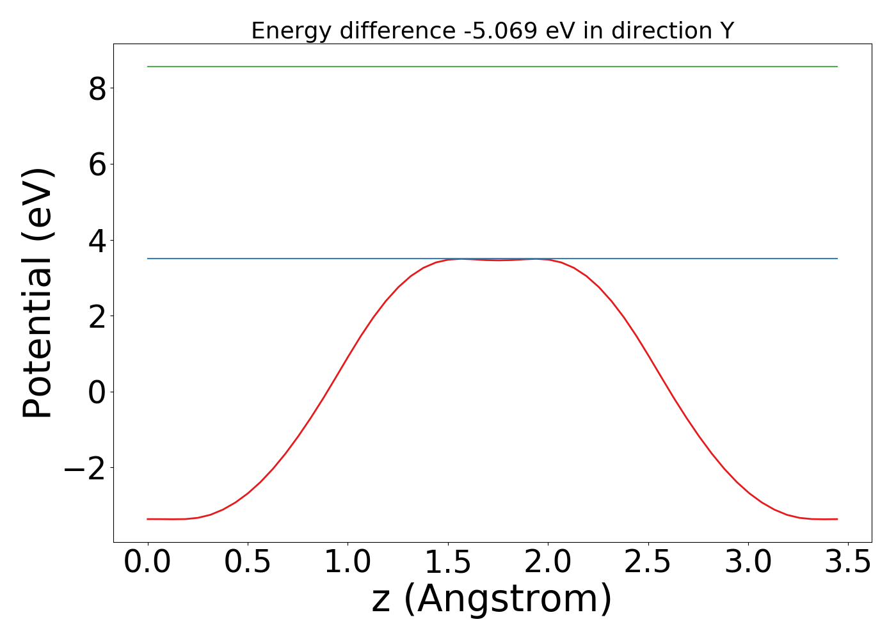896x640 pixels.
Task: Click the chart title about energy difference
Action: pos(492,31)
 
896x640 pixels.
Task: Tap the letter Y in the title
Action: pos(726,31)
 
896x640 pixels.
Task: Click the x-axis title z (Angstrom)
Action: pos(492,599)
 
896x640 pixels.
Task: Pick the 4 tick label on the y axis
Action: pos(97,240)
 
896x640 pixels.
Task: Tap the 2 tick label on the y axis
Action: pos(97,316)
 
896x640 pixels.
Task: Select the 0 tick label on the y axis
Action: pos(97,392)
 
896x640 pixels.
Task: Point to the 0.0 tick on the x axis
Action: pos(148,563)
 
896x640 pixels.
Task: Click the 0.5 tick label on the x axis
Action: pos(248,563)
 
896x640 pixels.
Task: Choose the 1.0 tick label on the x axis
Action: pos(348,563)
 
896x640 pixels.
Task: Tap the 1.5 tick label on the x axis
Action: pos(448,563)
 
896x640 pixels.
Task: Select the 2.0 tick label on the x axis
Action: pos(548,563)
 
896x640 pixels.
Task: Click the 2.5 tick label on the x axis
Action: pos(648,563)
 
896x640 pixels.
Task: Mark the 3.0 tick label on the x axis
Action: pos(748,563)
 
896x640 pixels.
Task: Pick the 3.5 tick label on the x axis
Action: pos(848,563)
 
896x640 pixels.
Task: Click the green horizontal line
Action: pos(492,67)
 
